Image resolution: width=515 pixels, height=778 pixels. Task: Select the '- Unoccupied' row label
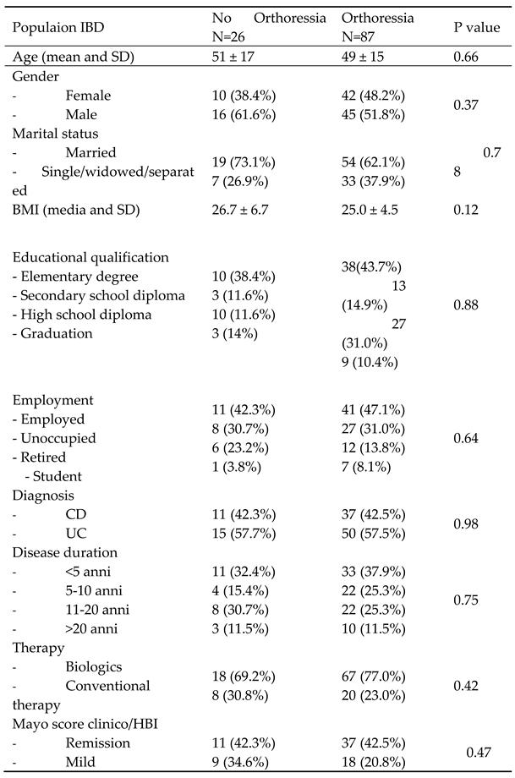(53, 438)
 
